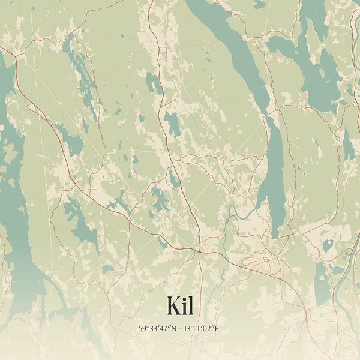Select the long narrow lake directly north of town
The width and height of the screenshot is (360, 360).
[x=273, y=174]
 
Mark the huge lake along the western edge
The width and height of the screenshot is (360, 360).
[x=15, y=198]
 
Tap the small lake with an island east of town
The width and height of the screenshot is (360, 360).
[x=327, y=245]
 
